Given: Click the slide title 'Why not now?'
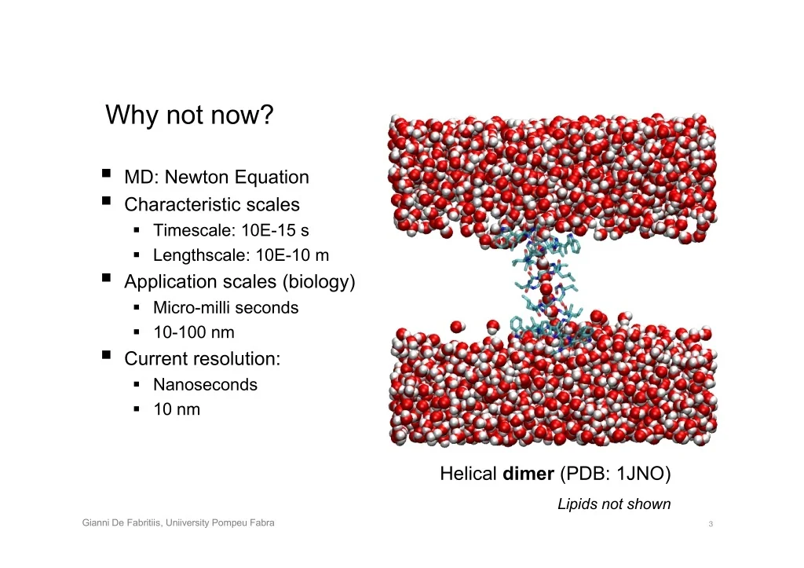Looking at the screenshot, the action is pyautogui.click(x=189, y=115).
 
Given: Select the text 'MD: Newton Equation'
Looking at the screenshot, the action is pyautogui.click(x=217, y=177).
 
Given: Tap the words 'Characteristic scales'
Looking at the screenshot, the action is pyautogui.click(x=212, y=204).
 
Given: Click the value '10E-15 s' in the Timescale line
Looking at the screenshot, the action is pyautogui.click(x=275, y=230).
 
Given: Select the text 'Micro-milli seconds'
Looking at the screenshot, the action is pyautogui.click(x=225, y=307).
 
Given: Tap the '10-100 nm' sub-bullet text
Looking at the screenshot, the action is pyautogui.click(x=194, y=332).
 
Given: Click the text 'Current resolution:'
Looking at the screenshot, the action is pyautogui.click(x=203, y=359).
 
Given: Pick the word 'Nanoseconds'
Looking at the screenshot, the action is pyautogui.click(x=205, y=384).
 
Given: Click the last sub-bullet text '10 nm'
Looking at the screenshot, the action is pyautogui.click(x=177, y=409).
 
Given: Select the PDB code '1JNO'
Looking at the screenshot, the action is pyautogui.click(x=639, y=473).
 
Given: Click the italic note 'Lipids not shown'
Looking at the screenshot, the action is pyautogui.click(x=614, y=504).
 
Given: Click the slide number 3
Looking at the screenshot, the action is pyautogui.click(x=711, y=524).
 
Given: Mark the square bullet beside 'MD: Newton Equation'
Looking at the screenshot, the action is pyautogui.click(x=106, y=174).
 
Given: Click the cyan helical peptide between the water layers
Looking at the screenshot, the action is pyautogui.click(x=546, y=288).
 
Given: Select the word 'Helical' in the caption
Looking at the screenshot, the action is pyautogui.click(x=468, y=473).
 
